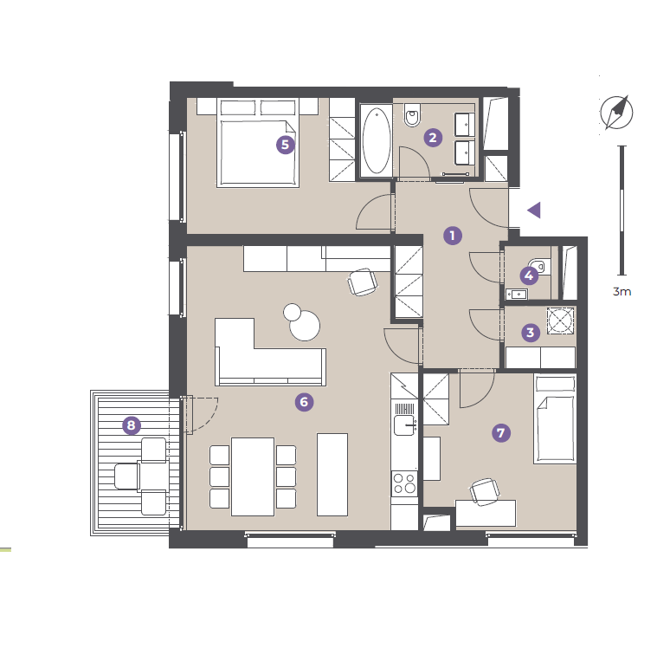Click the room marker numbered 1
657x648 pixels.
click(453, 236)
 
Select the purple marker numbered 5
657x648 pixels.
click(286, 145)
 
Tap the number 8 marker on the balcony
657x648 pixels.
click(132, 425)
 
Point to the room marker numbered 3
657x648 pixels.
click(531, 333)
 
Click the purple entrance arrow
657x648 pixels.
click(534, 211)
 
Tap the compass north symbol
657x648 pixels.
click(616, 113)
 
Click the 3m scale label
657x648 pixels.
click(622, 291)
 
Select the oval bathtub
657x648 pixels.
click(377, 140)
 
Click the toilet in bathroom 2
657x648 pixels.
click(412, 114)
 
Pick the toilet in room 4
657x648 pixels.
click(538, 266)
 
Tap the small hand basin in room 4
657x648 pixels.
click(517, 295)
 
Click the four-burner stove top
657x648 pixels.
click(404, 483)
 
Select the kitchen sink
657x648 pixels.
click(405, 424)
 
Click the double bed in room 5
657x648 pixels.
click(258, 142)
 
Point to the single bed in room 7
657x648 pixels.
click(555, 419)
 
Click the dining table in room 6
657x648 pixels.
click(253, 476)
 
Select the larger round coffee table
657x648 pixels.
click(305, 326)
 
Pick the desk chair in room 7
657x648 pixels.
click(485, 490)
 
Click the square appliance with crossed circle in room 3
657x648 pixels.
click(560, 321)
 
